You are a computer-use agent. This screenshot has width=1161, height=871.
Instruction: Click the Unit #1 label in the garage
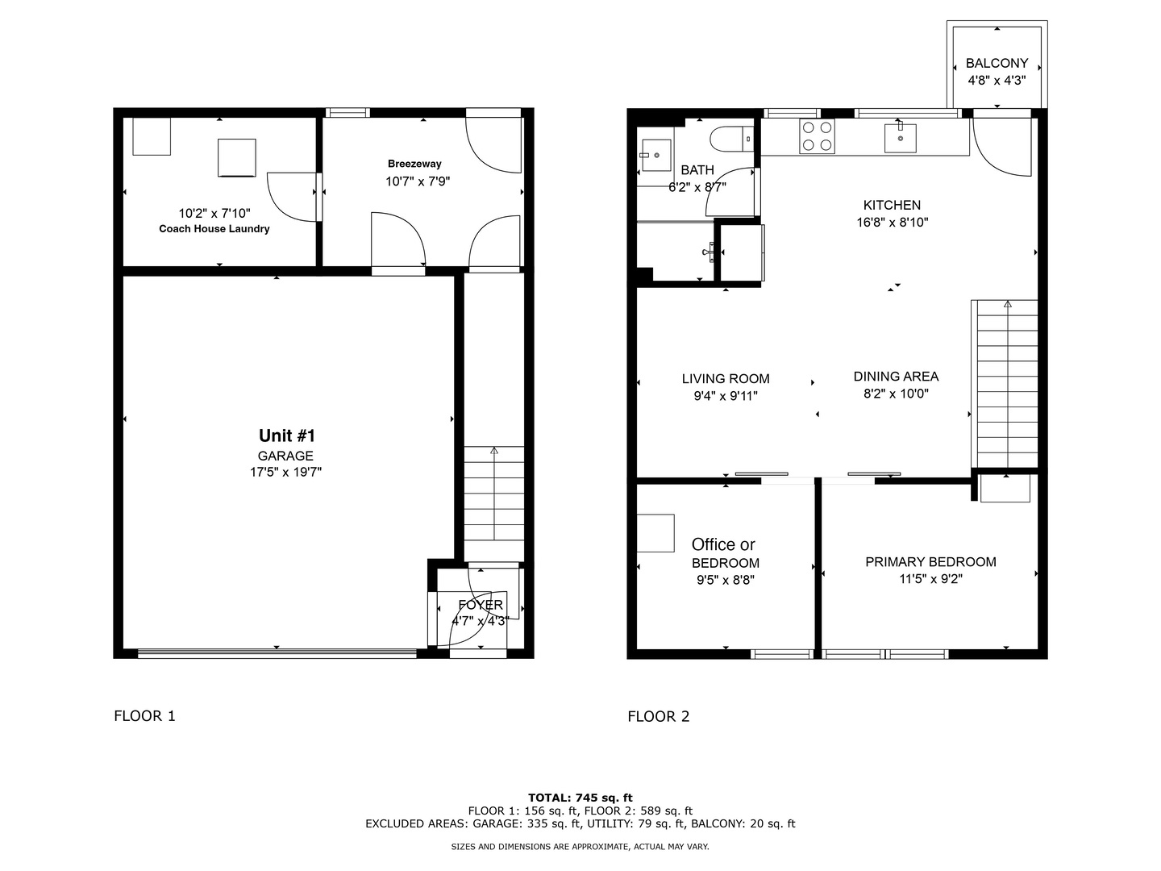point(286,435)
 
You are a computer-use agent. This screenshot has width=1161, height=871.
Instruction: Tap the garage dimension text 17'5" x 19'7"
point(285,473)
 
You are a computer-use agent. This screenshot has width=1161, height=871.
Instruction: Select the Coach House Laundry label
point(214,229)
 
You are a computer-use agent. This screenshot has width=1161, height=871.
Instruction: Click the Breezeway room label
point(414,164)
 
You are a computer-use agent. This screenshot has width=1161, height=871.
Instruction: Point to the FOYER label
point(481,605)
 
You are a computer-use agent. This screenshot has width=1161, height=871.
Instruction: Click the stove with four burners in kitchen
point(817,136)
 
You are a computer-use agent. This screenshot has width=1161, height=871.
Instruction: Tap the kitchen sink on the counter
point(900,137)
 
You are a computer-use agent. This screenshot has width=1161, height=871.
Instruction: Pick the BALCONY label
point(997,63)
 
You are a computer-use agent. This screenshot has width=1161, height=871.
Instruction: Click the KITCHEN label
point(892,206)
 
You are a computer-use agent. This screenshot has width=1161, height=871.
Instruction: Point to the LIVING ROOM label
point(726,379)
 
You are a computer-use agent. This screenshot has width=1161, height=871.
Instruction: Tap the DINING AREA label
point(896,377)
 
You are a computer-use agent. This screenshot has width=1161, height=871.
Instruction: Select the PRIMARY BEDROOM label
point(930,562)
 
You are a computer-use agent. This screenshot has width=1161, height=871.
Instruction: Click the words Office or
point(723,545)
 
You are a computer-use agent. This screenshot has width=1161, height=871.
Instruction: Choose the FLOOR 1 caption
point(144,716)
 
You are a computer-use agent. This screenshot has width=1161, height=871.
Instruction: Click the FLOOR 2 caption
point(659,716)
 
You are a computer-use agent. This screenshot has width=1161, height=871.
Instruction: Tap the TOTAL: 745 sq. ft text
point(580,798)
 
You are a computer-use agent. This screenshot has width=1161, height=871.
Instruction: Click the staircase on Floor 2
point(1006,383)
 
